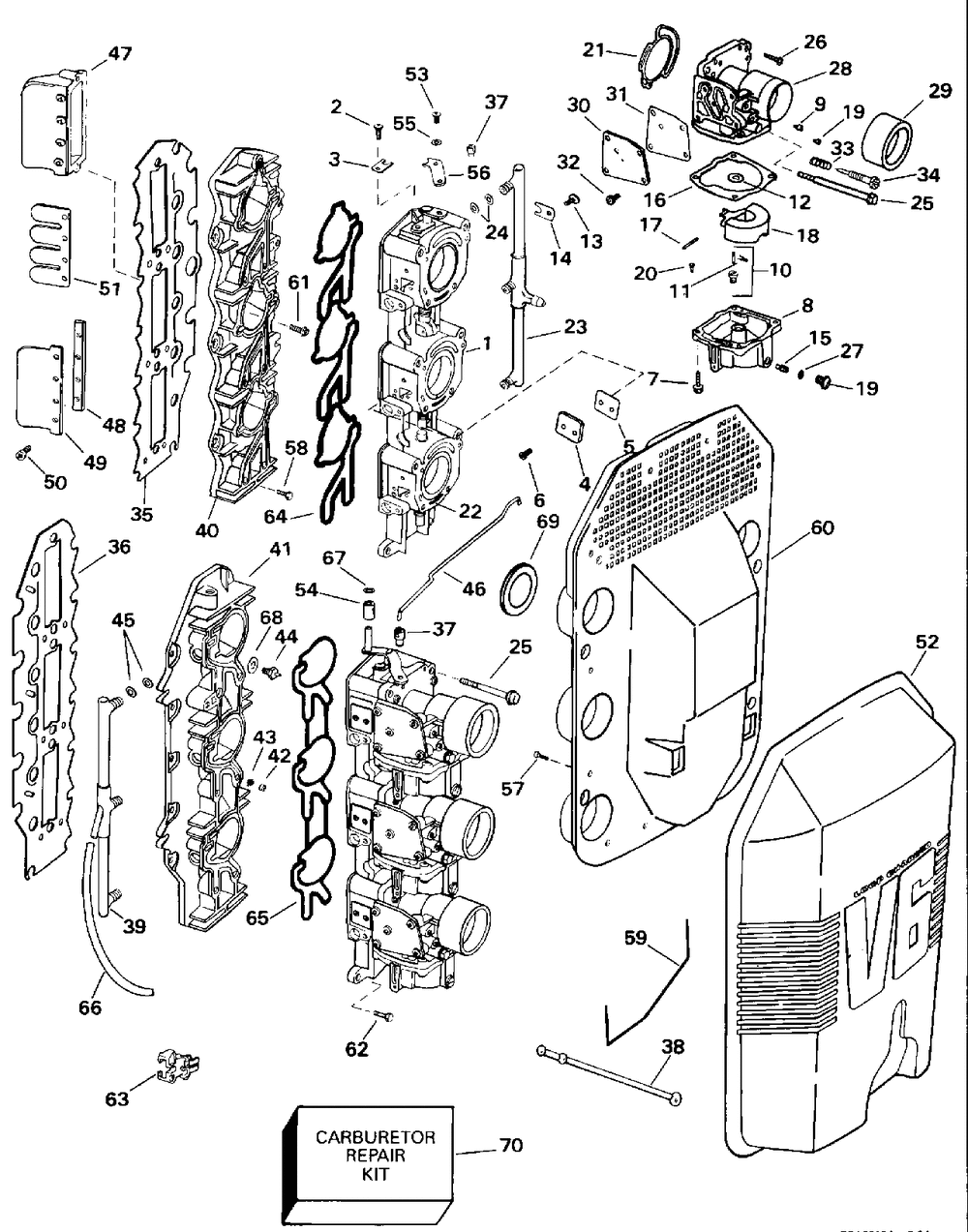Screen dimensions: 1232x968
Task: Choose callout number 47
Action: click(120, 54)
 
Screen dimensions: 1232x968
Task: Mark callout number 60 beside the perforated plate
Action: click(822, 527)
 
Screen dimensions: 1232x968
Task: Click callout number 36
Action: click(119, 546)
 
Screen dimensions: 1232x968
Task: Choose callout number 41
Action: click(280, 549)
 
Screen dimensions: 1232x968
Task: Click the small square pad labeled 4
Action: click(567, 427)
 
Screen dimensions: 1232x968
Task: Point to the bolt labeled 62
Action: click(383, 1015)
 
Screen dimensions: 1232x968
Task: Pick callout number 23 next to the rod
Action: click(576, 327)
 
